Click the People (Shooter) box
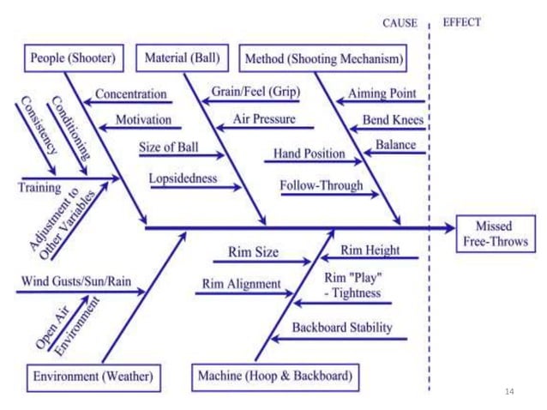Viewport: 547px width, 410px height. (x=72, y=59)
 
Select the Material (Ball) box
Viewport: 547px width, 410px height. (x=183, y=59)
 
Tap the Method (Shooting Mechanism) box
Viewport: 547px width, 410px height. (x=323, y=59)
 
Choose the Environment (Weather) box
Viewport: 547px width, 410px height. (x=93, y=376)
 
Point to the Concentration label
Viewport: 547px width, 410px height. (x=130, y=93)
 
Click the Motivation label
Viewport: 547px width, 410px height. (x=143, y=120)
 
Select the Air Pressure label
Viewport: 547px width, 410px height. (x=264, y=119)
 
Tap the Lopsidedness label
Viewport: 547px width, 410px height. (x=183, y=180)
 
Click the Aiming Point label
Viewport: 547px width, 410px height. (x=382, y=93)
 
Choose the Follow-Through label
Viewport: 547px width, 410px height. (x=322, y=185)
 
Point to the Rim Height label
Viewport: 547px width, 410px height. (x=370, y=250)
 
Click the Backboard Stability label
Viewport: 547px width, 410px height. (x=342, y=328)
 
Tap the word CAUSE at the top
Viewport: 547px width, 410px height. (x=399, y=23)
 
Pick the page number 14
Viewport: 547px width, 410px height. (x=510, y=391)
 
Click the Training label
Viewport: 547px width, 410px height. (x=39, y=186)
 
